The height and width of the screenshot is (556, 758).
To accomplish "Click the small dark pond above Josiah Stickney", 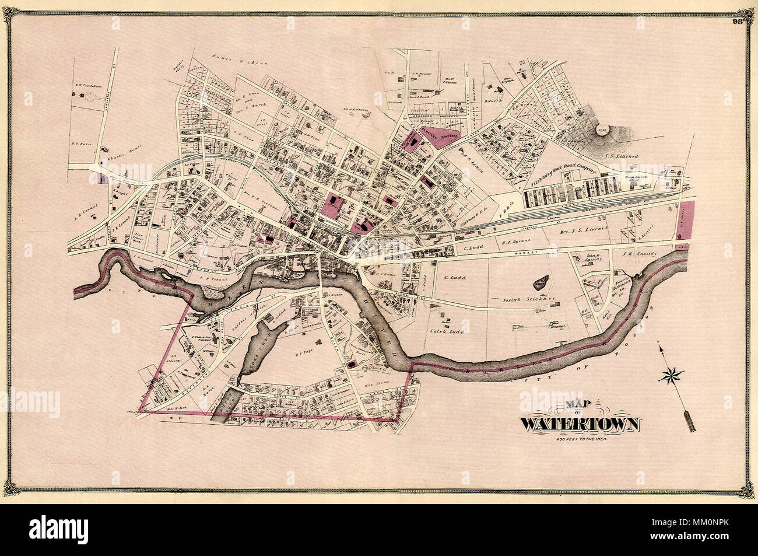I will coord(541,284).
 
